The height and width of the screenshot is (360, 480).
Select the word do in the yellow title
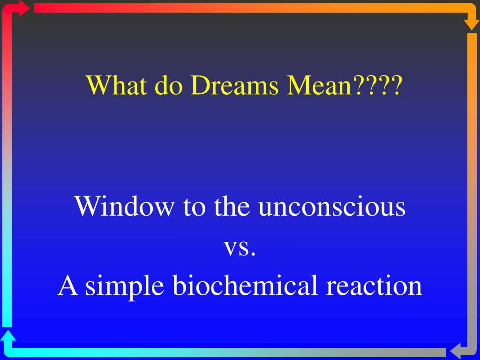click(169, 85)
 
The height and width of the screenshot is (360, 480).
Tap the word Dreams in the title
click(234, 85)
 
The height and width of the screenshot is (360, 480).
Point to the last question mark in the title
click(396, 85)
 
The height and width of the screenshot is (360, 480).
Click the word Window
click(124, 206)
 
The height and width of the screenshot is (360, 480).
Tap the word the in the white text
click(232, 206)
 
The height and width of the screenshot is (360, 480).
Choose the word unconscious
click(332, 206)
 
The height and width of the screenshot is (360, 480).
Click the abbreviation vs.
click(240, 247)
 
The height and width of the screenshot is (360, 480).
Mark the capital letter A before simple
click(67, 285)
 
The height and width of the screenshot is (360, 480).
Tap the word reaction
click(374, 285)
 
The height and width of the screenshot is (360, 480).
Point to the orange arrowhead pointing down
click(472, 24)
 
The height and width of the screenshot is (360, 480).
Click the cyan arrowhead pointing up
click(8, 336)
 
